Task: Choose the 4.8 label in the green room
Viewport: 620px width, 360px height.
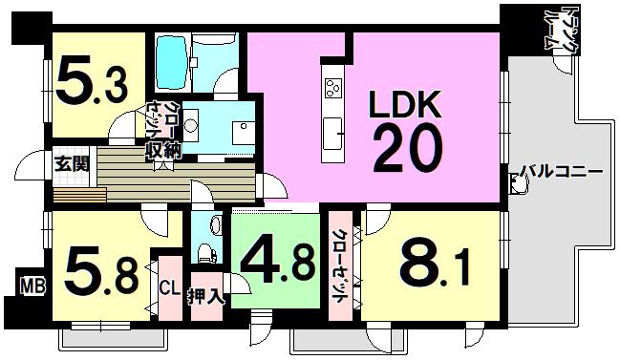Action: [276, 261]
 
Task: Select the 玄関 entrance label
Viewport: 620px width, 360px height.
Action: [72, 163]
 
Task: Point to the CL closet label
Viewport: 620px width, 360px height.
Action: [169, 286]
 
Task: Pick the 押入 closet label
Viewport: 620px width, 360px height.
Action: [205, 295]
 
